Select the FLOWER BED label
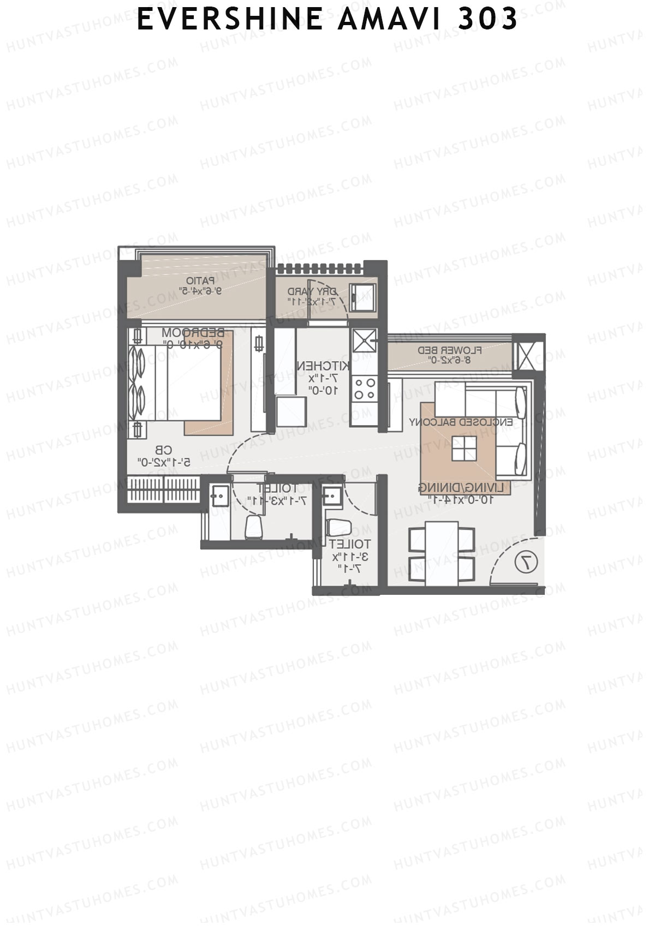click(x=450, y=350)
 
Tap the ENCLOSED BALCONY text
click(x=461, y=422)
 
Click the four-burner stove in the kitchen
click(x=364, y=389)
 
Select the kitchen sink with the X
click(x=363, y=341)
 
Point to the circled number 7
click(x=527, y=561)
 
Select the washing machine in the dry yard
click(x=362, y=297)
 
